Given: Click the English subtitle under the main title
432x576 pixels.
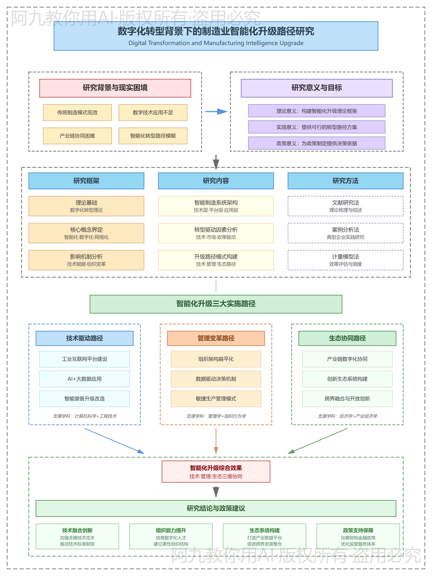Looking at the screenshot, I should (x=216, y=43).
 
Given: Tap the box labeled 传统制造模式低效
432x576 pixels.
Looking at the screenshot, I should (x=77, y=112).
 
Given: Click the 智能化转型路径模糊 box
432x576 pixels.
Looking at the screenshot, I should (x=153, y=136).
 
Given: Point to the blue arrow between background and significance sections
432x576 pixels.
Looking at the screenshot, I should (x=216, y=112).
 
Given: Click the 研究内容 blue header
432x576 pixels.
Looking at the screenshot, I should (x=216, y=181).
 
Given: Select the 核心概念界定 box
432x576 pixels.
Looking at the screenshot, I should (x=86, y=233).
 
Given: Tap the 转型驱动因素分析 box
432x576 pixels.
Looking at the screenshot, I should (x=216, y=233).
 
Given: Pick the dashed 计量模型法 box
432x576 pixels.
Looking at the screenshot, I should (x=345, y=260).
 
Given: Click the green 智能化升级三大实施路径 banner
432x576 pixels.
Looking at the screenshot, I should (x=216, y=304).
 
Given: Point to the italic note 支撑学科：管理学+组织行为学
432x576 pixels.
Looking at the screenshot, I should (x=216, y=416).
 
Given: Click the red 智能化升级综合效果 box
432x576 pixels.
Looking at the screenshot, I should (x=216, y=472).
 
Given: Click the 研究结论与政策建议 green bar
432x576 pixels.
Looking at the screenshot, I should (x=216, y=508).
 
